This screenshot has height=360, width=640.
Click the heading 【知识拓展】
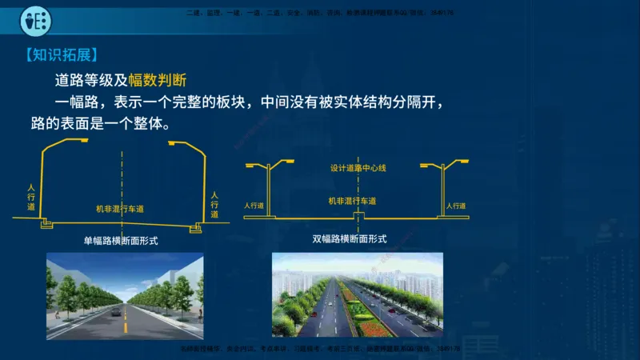(x=60, y=55)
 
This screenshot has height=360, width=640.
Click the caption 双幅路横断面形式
(x=350, y=238)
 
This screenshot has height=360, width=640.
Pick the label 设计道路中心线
(x=358, y=169)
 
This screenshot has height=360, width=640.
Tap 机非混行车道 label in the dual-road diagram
(x=352, y=201)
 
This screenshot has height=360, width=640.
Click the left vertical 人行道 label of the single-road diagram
(x=31, y=197)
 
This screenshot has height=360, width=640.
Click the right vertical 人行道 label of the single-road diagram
(x=214, y=205)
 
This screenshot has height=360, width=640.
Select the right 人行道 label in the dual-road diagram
(x=456, y=206)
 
